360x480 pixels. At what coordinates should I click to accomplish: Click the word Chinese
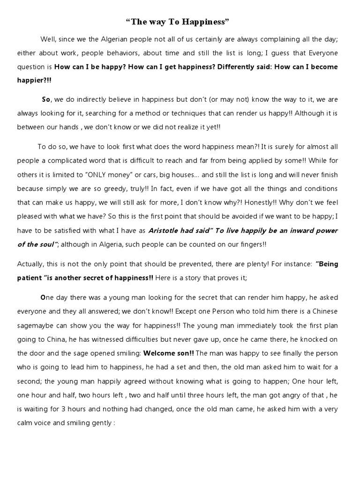tap(324, 311)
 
